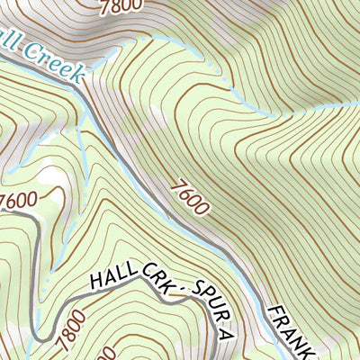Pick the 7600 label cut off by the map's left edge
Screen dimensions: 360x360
pyautogui.click(x=20, y=200)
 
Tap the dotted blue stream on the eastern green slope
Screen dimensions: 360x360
pyautogui.click(x=270, y=112)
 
